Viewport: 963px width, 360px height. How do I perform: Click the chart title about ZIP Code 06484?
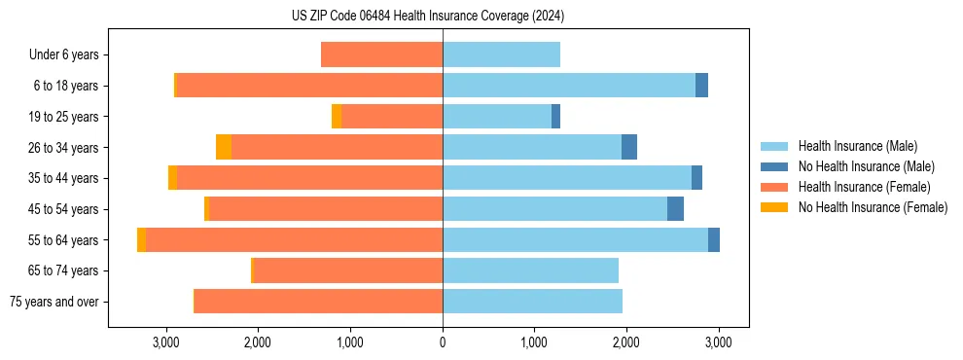click(427, 17)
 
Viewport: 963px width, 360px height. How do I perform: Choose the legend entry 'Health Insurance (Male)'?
click(857, 146)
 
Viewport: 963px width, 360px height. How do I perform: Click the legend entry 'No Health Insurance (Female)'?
click(873, 207)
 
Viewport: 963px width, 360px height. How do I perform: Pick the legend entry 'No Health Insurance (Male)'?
click(866, 166)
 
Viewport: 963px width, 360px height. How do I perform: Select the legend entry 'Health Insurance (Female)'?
click(864, 187)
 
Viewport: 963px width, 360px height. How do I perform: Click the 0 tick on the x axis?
click(443, 342)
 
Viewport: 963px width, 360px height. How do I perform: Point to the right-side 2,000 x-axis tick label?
click(625, 342)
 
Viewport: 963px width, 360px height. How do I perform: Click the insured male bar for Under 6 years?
click(501, 54)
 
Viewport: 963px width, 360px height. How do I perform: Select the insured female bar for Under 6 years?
click(381, 54)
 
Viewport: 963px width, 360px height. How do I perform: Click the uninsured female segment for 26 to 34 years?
click(224, 147)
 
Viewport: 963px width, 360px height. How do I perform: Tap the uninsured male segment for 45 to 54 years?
click(675, 209)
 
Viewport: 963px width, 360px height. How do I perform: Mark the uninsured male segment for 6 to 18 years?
click(701, 86)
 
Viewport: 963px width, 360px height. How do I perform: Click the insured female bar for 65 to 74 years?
click(348, 270)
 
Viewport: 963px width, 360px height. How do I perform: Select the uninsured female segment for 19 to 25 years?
click(337, 117)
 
